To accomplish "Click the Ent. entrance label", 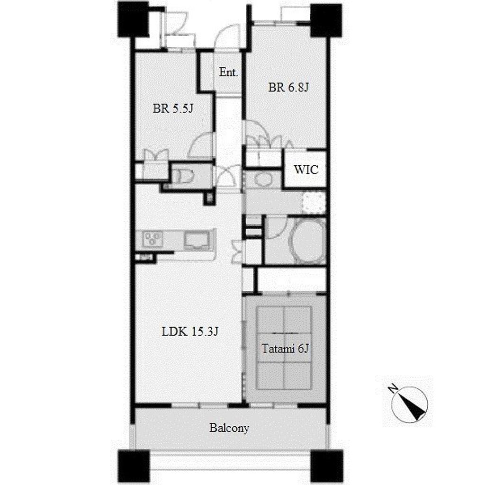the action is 229,72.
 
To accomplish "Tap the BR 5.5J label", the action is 173,108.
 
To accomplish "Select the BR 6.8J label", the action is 288,87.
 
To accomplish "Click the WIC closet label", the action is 306,170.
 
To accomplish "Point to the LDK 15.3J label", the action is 190,332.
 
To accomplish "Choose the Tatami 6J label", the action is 285,349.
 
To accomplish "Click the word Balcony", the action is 229,428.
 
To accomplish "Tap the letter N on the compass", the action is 393,388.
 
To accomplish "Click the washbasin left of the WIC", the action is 262,179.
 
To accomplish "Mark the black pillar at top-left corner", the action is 133,19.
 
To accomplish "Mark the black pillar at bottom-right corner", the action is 327,466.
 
